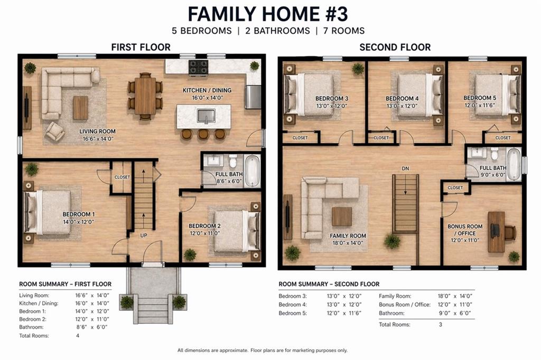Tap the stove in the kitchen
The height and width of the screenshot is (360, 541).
199,67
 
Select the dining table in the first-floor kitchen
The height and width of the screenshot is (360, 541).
145,96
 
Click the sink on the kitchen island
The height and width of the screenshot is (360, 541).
204,116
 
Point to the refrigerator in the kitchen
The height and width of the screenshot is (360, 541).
253,97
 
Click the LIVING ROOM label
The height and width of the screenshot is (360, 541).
97,131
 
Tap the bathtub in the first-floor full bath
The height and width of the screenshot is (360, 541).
253,170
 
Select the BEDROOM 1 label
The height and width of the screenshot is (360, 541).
79,214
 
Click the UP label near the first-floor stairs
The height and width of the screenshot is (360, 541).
144,235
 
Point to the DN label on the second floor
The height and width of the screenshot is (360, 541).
405,168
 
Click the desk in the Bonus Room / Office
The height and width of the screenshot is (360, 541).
496,231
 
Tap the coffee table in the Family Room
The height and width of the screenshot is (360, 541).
342,216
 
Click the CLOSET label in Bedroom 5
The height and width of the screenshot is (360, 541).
503,138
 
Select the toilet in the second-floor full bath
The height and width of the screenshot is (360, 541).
495,154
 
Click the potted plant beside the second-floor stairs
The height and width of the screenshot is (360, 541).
392,241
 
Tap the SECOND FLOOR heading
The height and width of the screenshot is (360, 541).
395,47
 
